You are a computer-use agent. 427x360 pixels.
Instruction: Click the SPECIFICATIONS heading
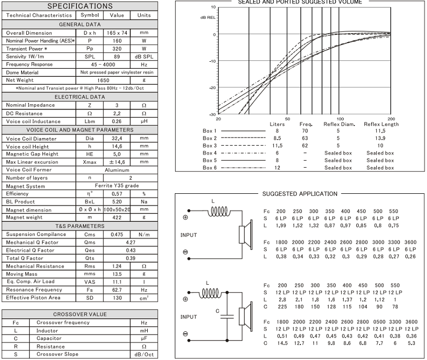click(80, 6)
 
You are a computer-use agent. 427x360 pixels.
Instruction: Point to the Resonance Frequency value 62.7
click(117, 290)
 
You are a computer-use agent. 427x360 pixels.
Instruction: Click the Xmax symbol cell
click(89, 162)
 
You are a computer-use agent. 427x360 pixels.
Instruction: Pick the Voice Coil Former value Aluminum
click(117, 170)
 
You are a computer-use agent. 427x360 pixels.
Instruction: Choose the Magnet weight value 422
click(117, 217)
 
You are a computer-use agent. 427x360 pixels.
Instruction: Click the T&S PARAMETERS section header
click(80, 226)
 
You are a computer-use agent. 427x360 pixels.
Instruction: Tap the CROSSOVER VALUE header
click(80, 314)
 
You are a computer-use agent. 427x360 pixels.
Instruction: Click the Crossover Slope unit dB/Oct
click(144, 354)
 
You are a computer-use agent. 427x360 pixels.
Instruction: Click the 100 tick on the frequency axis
click(340, 118)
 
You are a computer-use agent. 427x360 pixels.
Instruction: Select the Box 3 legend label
click(210, 145)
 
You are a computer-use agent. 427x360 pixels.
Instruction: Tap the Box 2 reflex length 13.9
click(380, 138)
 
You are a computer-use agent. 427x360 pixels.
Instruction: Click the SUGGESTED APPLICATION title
click(300, 194)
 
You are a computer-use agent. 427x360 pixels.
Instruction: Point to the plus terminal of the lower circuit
click(185, 300)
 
